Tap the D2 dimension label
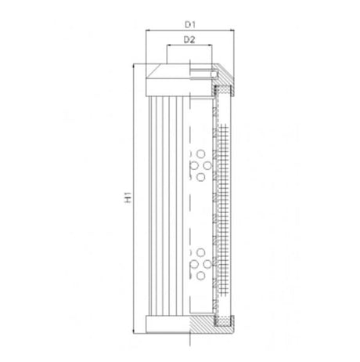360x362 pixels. [189, 38]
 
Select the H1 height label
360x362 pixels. [128, 199]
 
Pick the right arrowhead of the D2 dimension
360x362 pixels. [211, 47]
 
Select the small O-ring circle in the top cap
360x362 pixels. [215, 76]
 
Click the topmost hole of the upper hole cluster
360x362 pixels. [200, 154]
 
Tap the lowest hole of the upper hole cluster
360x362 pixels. [200, 178]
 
